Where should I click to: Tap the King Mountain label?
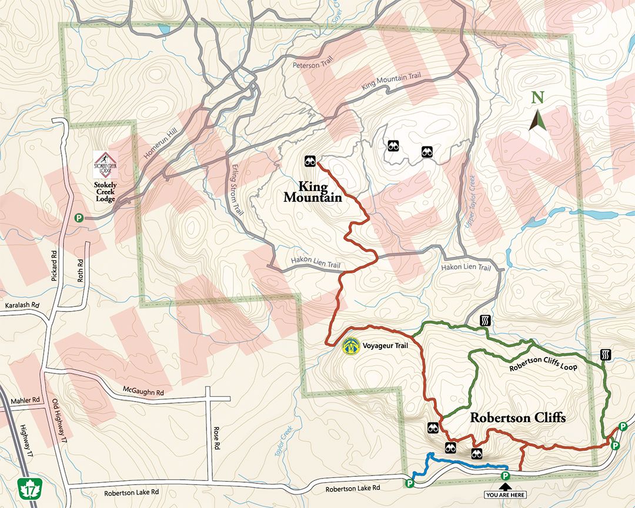pyautogui.click(x=312, y=192)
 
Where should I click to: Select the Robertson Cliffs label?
pyautogui.click(x=517, y=418)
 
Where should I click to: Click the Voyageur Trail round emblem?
pyautogui.click(x=351, y=346)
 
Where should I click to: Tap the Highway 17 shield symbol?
pyautogui.click(x=28, y=487)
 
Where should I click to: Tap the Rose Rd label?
pyautogui.click(x=216, y=437)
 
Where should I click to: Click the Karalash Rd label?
pyautogui.click(x=21, y=306)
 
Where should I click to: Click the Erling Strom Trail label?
pyautogui.click(x=236, y=188)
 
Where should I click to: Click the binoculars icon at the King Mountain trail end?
pyautogui.click(x=310, y=161)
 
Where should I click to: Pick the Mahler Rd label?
pyautogui.click(x=24, y=400)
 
